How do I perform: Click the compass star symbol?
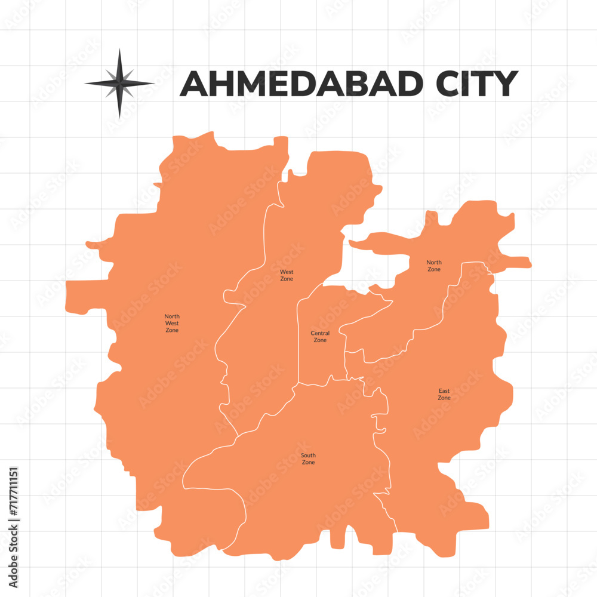click(119, 83)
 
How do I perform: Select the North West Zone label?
click(172, 323)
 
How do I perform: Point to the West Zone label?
click(287, 275)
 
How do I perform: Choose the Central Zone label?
click(320, 337)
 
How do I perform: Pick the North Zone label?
click(434, 266)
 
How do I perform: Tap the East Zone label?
click(444, 394)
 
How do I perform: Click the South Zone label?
click(308, 459)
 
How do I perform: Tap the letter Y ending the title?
click(505, 84)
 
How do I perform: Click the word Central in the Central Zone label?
click(320, 333)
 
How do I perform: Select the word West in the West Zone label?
click(287, 272)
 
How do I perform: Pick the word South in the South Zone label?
click(308, 456)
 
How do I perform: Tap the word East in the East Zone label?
click(444, 390)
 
